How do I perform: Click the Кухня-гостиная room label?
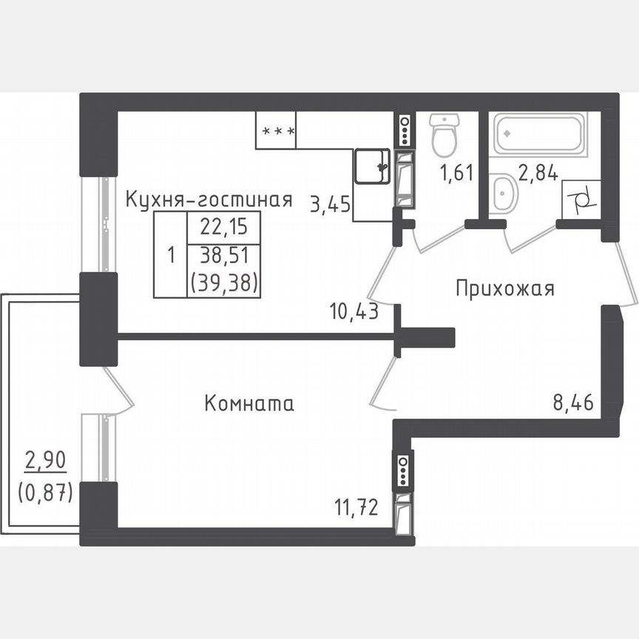(209, 199)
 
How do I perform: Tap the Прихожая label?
(504, 288)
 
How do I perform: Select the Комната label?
(248, 404)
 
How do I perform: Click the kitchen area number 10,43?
(355, 311)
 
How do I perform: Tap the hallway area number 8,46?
(574, 403)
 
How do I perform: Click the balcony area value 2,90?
(45, 461)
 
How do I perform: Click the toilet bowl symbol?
(444, 135)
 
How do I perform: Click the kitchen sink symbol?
(371, 166)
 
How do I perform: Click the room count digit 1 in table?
(171, 256)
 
